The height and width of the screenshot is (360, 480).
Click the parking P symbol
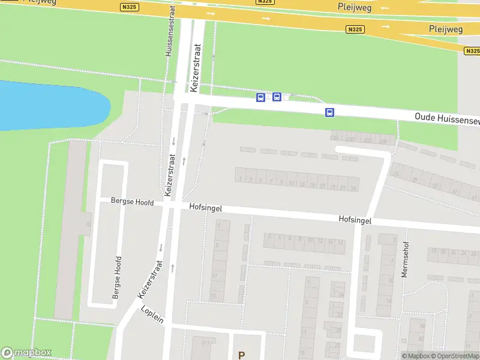pos(241,355)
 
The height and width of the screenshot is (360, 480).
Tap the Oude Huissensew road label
pos(448,119)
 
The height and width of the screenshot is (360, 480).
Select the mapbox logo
pos(26,353)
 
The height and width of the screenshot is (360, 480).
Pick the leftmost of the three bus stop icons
pos(260,97)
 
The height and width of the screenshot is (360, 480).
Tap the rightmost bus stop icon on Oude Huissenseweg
pos(329,112)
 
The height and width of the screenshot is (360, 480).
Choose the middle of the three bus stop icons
pos(277,97)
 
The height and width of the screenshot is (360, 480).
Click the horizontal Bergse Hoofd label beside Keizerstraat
pos(132,202)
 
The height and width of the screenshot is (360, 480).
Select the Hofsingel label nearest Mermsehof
pos(355,220)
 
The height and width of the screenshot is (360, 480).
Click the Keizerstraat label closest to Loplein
pos(151,279)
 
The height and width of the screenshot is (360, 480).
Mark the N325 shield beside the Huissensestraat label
pos(128,7)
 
